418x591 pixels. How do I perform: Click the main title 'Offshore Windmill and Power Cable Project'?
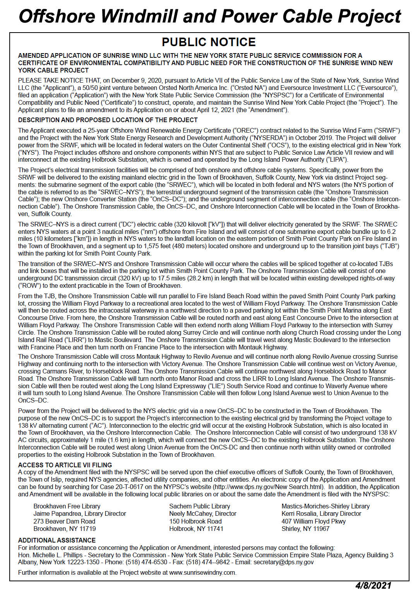(209, 17)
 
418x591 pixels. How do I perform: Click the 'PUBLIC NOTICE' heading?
(209, 42)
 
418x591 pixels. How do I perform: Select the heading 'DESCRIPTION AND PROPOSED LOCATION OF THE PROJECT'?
(108, 120)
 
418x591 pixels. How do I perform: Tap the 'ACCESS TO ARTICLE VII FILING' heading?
(65, 465)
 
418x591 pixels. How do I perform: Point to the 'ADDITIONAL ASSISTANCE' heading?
(57, 540)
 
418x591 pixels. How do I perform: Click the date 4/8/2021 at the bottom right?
(373, 585)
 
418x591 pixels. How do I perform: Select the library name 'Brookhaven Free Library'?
(67, 506)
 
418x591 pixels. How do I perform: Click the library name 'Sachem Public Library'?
(199, 506)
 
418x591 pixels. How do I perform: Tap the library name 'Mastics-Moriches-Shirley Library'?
(325, 506)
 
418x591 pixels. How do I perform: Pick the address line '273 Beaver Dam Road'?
(64, 521)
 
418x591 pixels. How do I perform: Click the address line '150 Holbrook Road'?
(195, 521)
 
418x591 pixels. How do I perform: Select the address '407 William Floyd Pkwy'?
(313, 521)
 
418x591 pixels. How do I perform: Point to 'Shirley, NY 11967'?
(305, 529)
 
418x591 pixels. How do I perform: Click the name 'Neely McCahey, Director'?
(203, 513)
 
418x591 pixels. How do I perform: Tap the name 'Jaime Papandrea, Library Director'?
(80, 513)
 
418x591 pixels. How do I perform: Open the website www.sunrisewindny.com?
(202, 572)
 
